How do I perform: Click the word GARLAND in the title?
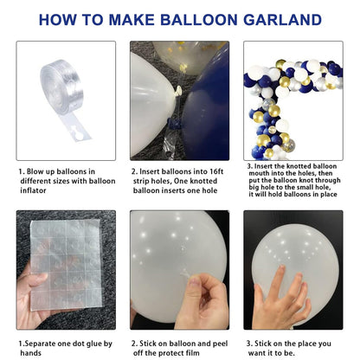(x=282, y=20)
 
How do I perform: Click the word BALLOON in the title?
(x=199, y=20)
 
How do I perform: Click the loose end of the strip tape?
(x=76, y=129)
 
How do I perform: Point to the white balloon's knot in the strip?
(x=177, y=91)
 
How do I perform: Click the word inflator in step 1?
(x=33, y=190)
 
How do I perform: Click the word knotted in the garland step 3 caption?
(x=297, y=166)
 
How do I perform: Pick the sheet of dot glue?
(x=67, y=264)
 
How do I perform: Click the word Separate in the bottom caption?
(x=40, y=344)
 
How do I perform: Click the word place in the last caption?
(x=306, y=344)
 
